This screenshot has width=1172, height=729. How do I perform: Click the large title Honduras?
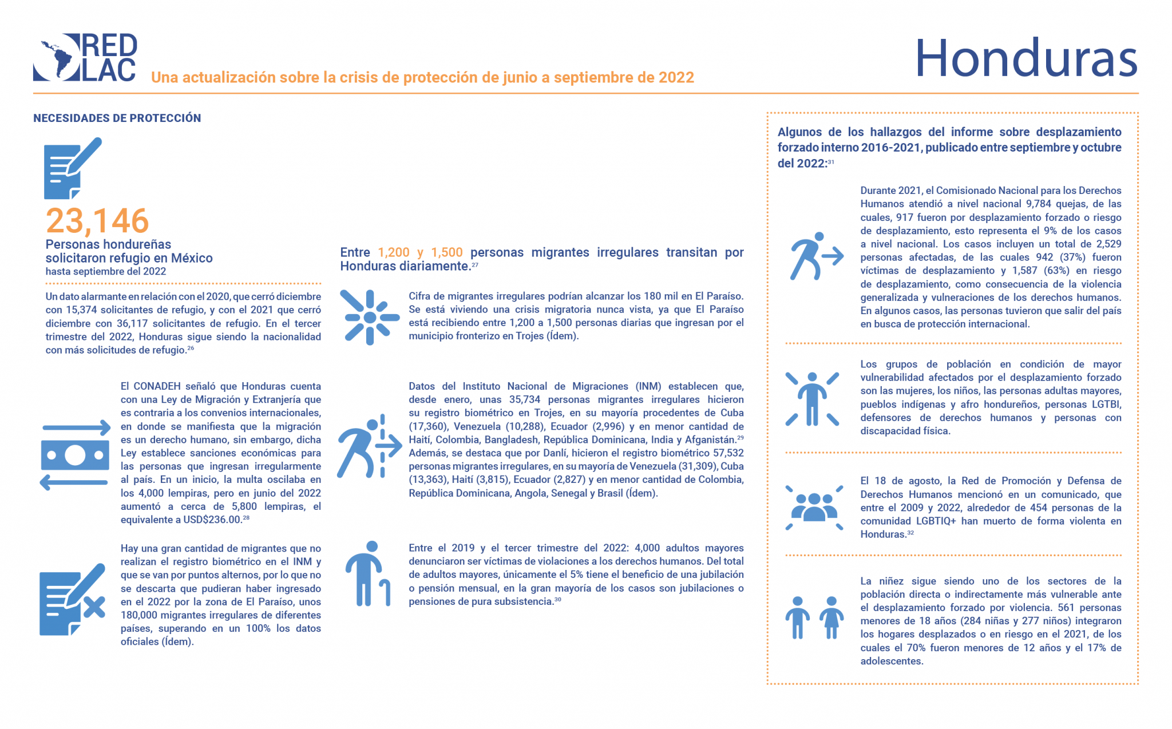(1025, 58)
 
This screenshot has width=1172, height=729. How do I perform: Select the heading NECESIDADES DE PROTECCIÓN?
(117, 118)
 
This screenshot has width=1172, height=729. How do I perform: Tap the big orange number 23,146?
(97, 220)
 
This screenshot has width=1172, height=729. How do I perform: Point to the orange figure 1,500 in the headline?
(446, 252)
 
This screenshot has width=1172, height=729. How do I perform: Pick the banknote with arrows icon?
(75, 455)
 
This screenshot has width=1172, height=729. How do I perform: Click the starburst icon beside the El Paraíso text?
(370, 317)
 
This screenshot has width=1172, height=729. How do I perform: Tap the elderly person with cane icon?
(368, 573)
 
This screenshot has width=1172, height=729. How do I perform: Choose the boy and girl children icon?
(814, 618)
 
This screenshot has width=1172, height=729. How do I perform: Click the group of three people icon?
(814, 507)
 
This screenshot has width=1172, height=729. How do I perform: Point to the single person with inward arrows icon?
(812, 399)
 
